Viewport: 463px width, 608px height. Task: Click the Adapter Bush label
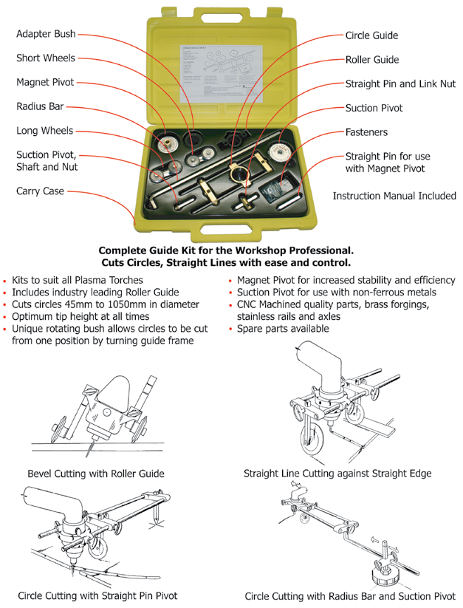tap(46, 34)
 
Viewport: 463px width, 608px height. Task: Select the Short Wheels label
tap(45, 58)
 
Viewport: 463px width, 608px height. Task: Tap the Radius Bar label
tap(40, 106)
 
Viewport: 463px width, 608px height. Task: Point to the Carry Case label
tap(40, 191)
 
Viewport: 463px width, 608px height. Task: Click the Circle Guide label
tap(371, 35)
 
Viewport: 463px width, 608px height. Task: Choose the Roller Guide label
tap(371, 59)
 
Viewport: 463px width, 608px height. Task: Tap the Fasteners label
tap(366, 132)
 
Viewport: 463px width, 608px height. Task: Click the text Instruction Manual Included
tap(394, 196)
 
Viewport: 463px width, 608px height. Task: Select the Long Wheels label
tap(44, 131)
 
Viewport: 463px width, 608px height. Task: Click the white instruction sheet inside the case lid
tap(222, 74)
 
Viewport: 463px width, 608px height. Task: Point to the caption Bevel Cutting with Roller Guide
tap(96, 473)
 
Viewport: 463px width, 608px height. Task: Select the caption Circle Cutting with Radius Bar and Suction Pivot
tap(350, 595)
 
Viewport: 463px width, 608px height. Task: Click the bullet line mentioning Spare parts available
tap(283, 328)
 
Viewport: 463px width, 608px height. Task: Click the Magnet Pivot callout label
tap(45, 82)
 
